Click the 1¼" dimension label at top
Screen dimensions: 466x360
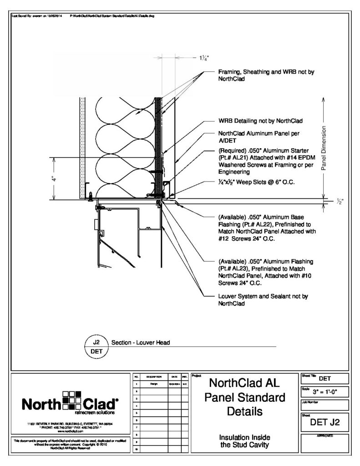pos(203,58)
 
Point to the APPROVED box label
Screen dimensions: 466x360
pos(325,436)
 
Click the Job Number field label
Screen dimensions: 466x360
pos(312,402)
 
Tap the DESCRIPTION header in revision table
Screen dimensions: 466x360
pos(151,377)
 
